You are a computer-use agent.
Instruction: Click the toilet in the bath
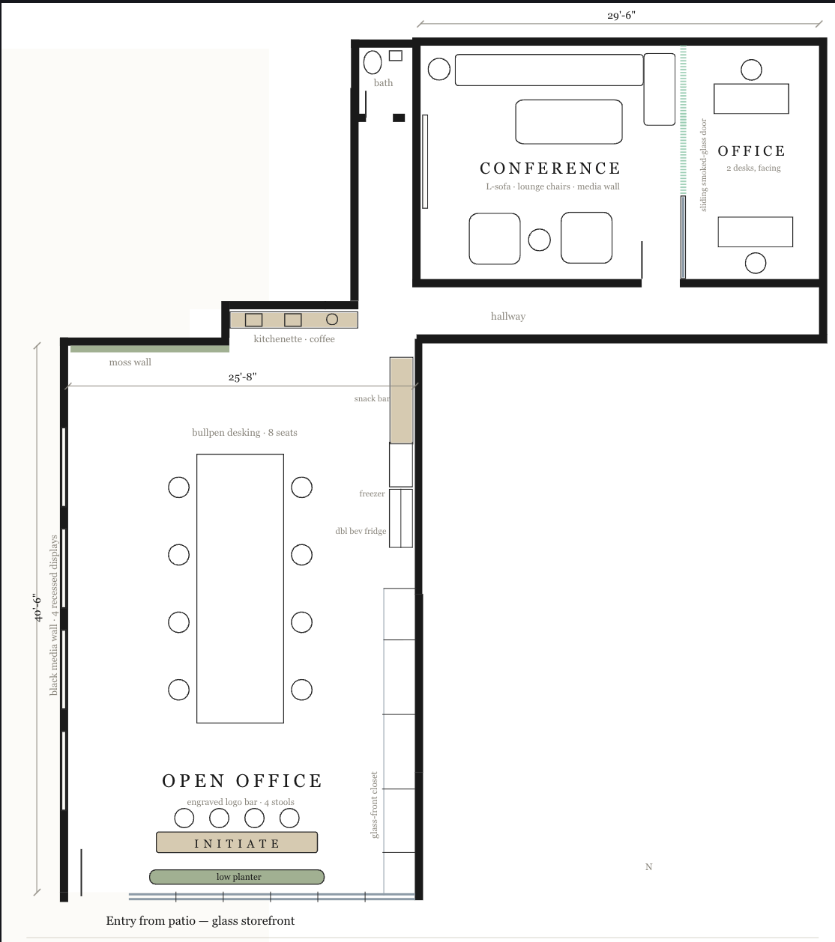point(373,62)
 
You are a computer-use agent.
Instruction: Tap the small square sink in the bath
point(396,56)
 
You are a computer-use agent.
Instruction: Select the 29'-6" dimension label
point(621,15)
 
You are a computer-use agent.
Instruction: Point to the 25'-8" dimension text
point(242,377)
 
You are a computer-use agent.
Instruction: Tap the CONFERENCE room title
point(550,168)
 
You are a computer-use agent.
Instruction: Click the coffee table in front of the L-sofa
point(569,122)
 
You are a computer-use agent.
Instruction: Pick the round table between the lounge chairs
point(540,240)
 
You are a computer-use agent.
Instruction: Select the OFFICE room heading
point(751,151)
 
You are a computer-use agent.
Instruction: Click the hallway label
point(507,316)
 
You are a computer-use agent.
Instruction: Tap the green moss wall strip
point(149,349)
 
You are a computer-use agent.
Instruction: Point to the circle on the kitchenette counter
point(332,320)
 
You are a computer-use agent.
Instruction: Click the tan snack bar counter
point(401,400)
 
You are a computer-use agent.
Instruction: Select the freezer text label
point(372,493)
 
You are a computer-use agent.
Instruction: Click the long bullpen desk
point(240,588)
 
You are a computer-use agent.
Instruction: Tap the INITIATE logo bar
point(237,842)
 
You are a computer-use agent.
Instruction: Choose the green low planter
point(237,876)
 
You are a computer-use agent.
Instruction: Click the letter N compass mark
point(648,866)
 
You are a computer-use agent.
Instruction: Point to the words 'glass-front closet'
point(374,805)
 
